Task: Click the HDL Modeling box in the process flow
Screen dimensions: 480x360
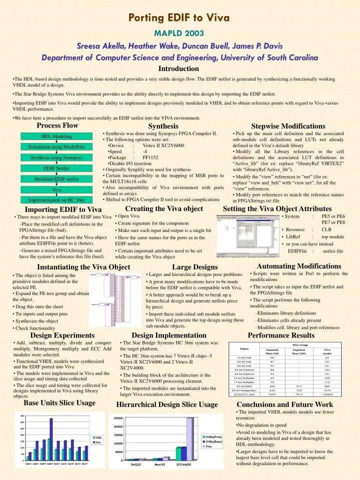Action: coord(56,136)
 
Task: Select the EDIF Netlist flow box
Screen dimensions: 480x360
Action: coord(56,168)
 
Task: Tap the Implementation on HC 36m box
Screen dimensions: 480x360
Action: coord(56,200)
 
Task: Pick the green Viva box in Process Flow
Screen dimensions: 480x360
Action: coord(56,190)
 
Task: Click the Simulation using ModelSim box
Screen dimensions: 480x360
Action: coord(56,147)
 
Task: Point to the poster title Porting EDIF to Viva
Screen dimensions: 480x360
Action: coord(179,18)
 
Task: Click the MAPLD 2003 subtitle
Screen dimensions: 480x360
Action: coord(179,33)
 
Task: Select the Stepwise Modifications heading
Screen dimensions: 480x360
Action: coord(288,126)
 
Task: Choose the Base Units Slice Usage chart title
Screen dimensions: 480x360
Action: coord(59,402)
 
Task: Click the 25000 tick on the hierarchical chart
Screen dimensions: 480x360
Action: coord(118,418)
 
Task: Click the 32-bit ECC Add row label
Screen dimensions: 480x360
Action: coord(244,394)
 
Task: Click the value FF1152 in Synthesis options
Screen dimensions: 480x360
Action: coord(150,157)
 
